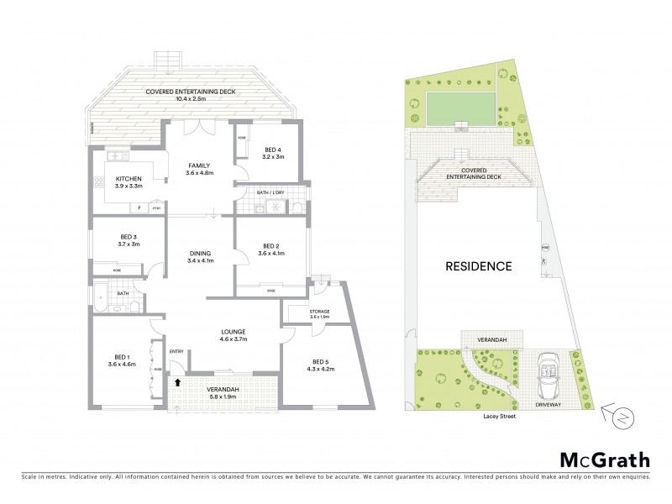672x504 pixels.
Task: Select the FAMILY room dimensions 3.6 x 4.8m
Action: pos(199,174)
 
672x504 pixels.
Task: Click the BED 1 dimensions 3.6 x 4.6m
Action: pos(121,363)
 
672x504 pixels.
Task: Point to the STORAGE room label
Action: pos(316,311)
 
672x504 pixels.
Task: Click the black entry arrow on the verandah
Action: pos(177,381)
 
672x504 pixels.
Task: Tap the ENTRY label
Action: pos(176,351)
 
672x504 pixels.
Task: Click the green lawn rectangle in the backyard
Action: pos(461,106)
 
